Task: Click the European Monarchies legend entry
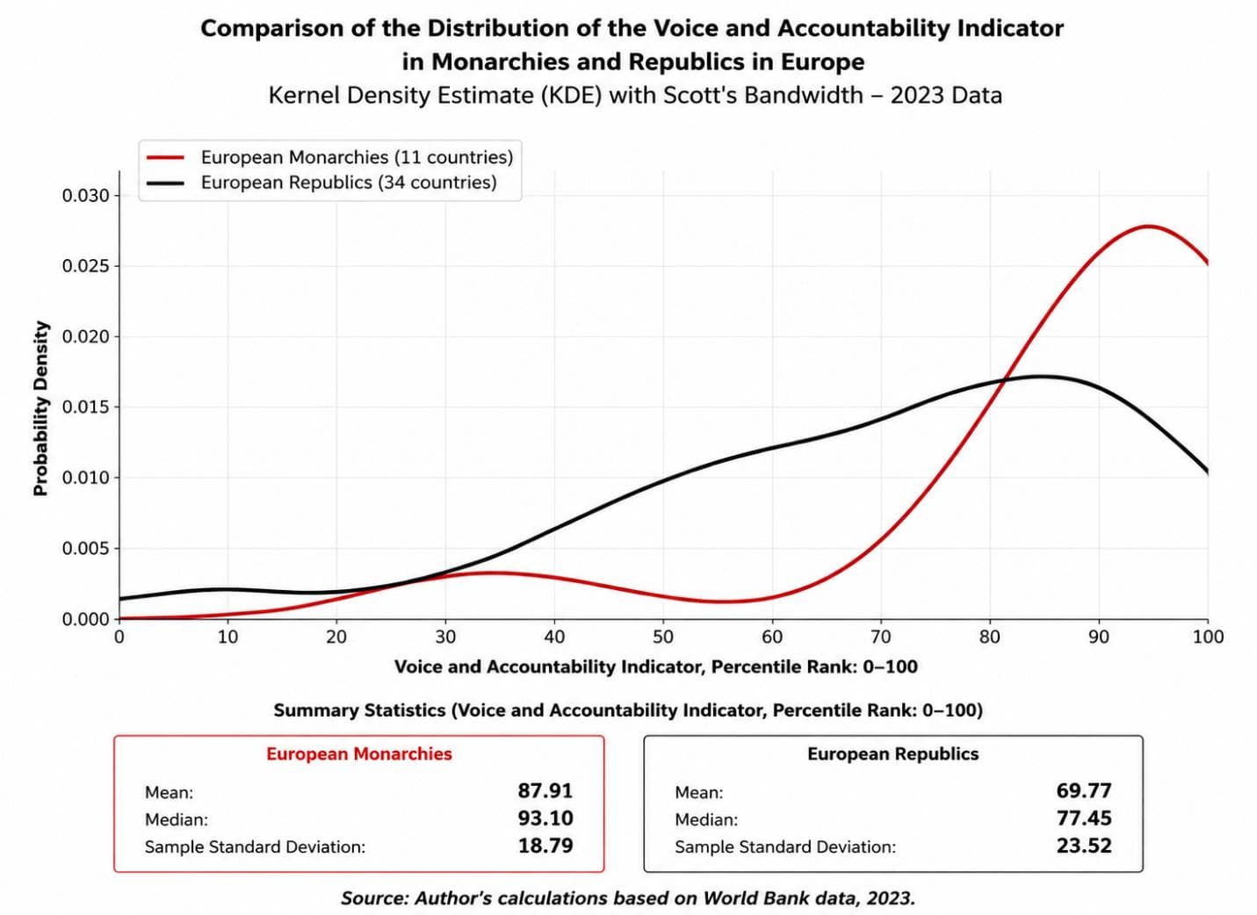click(x=329, y=157)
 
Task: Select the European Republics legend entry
click(x=321, y=183)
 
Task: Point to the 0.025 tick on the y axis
click(x=86, y=266)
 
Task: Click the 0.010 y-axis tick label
click(x=86, y=478)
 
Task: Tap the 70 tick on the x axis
click(x=881, y=636)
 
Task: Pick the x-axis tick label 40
click(x=554, y=636)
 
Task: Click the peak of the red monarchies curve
click(x=1148, y=226)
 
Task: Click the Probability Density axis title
click(x=41, y=408)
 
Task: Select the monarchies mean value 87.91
click(x=545, y=790)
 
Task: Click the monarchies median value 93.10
click(x=545, y=818)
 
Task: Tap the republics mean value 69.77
click(x=1084, y=790)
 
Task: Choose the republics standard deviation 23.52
click(x=1084, y=846)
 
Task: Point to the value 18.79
click(x=545, y=846)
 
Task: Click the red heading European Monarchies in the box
click(x=359, y=753)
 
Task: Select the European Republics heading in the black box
click(x=892, y=753)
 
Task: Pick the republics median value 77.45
click(x=1084, y=818)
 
